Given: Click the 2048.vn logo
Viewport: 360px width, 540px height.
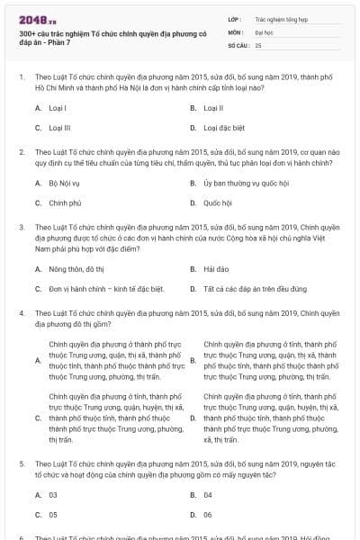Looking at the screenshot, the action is pyautogui.click(x=36, y=18).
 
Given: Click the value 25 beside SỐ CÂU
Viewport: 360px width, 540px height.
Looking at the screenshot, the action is pyautogui.click(x=258, y=44).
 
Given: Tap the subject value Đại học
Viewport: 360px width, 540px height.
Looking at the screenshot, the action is pyautogui.click(x=265, y=31).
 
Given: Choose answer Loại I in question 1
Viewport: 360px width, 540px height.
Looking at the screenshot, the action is pyautogui.click(x=58, y=107).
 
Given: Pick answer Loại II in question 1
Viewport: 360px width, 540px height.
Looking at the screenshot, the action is pyautogui.click(x=213, y=107).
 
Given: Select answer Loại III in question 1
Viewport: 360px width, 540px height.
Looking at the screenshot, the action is pyautogui.click(x=59, y=128).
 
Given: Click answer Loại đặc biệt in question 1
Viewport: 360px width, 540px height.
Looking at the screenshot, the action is pyautogui.click(x=223, y=128).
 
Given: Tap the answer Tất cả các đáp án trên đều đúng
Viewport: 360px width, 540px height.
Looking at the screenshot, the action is pyautogui.click(x=254, y=289).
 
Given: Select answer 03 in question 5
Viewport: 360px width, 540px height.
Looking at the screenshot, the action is pyautogui.click(x=53, y=494).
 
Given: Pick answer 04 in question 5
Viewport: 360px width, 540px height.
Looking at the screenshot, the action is pyautogui.click(x=208, y=494).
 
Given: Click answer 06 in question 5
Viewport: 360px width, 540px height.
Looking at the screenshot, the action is pyautogui.click(x=208, y=515).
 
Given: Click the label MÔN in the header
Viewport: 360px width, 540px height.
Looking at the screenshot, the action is pyautogui.click(x=235, y=31).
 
